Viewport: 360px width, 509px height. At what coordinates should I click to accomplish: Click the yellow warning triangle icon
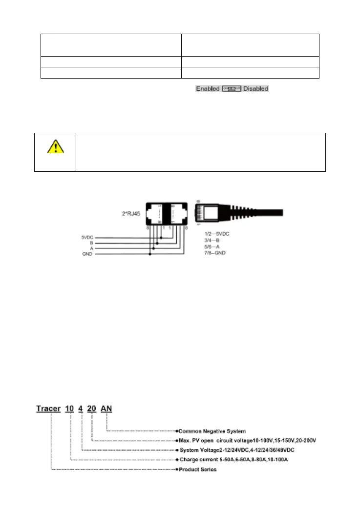[x=55, y=146]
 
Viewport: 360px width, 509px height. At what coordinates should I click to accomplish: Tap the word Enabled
[x=208, y=89]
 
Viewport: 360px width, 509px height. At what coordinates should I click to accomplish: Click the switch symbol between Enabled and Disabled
[x=233, y=89]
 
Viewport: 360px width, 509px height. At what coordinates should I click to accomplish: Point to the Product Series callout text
[x=198, y=469]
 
